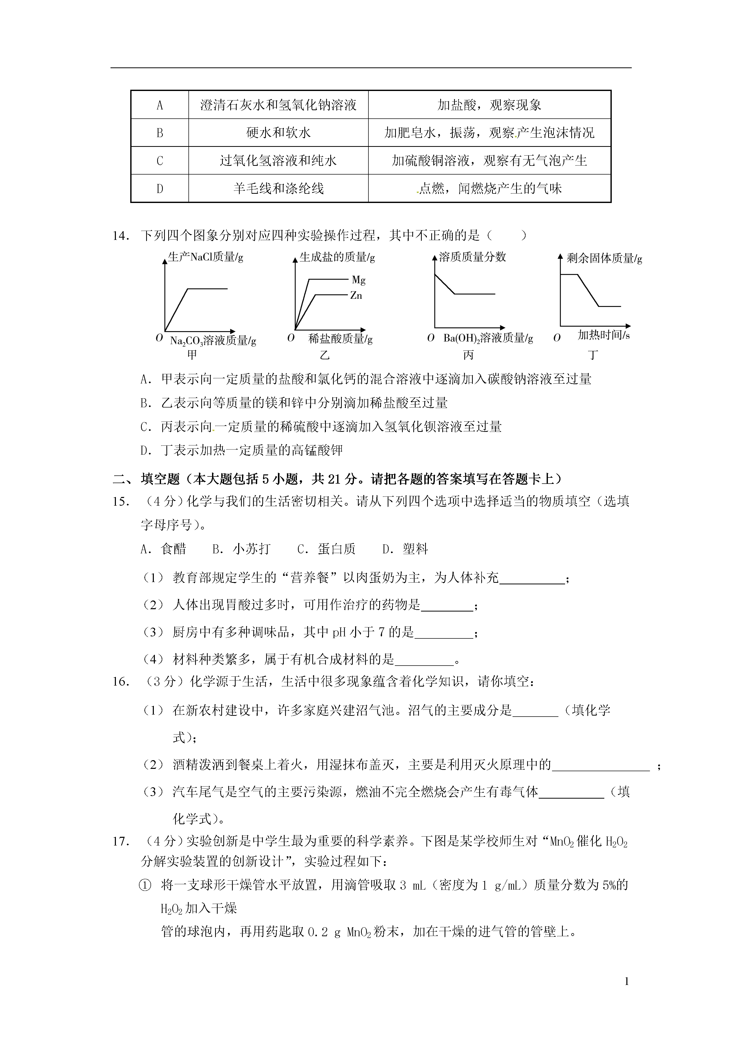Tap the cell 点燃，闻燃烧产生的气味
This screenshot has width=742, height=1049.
(490, 188)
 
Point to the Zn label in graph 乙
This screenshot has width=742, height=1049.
(356, 296)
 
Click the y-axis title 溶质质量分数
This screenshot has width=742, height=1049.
(472, 257)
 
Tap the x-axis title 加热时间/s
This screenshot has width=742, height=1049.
(604, 335)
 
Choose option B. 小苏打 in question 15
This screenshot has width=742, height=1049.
(241, 549)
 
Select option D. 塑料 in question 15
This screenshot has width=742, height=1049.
(405, 549)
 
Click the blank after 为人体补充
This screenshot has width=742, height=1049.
(532, 579)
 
